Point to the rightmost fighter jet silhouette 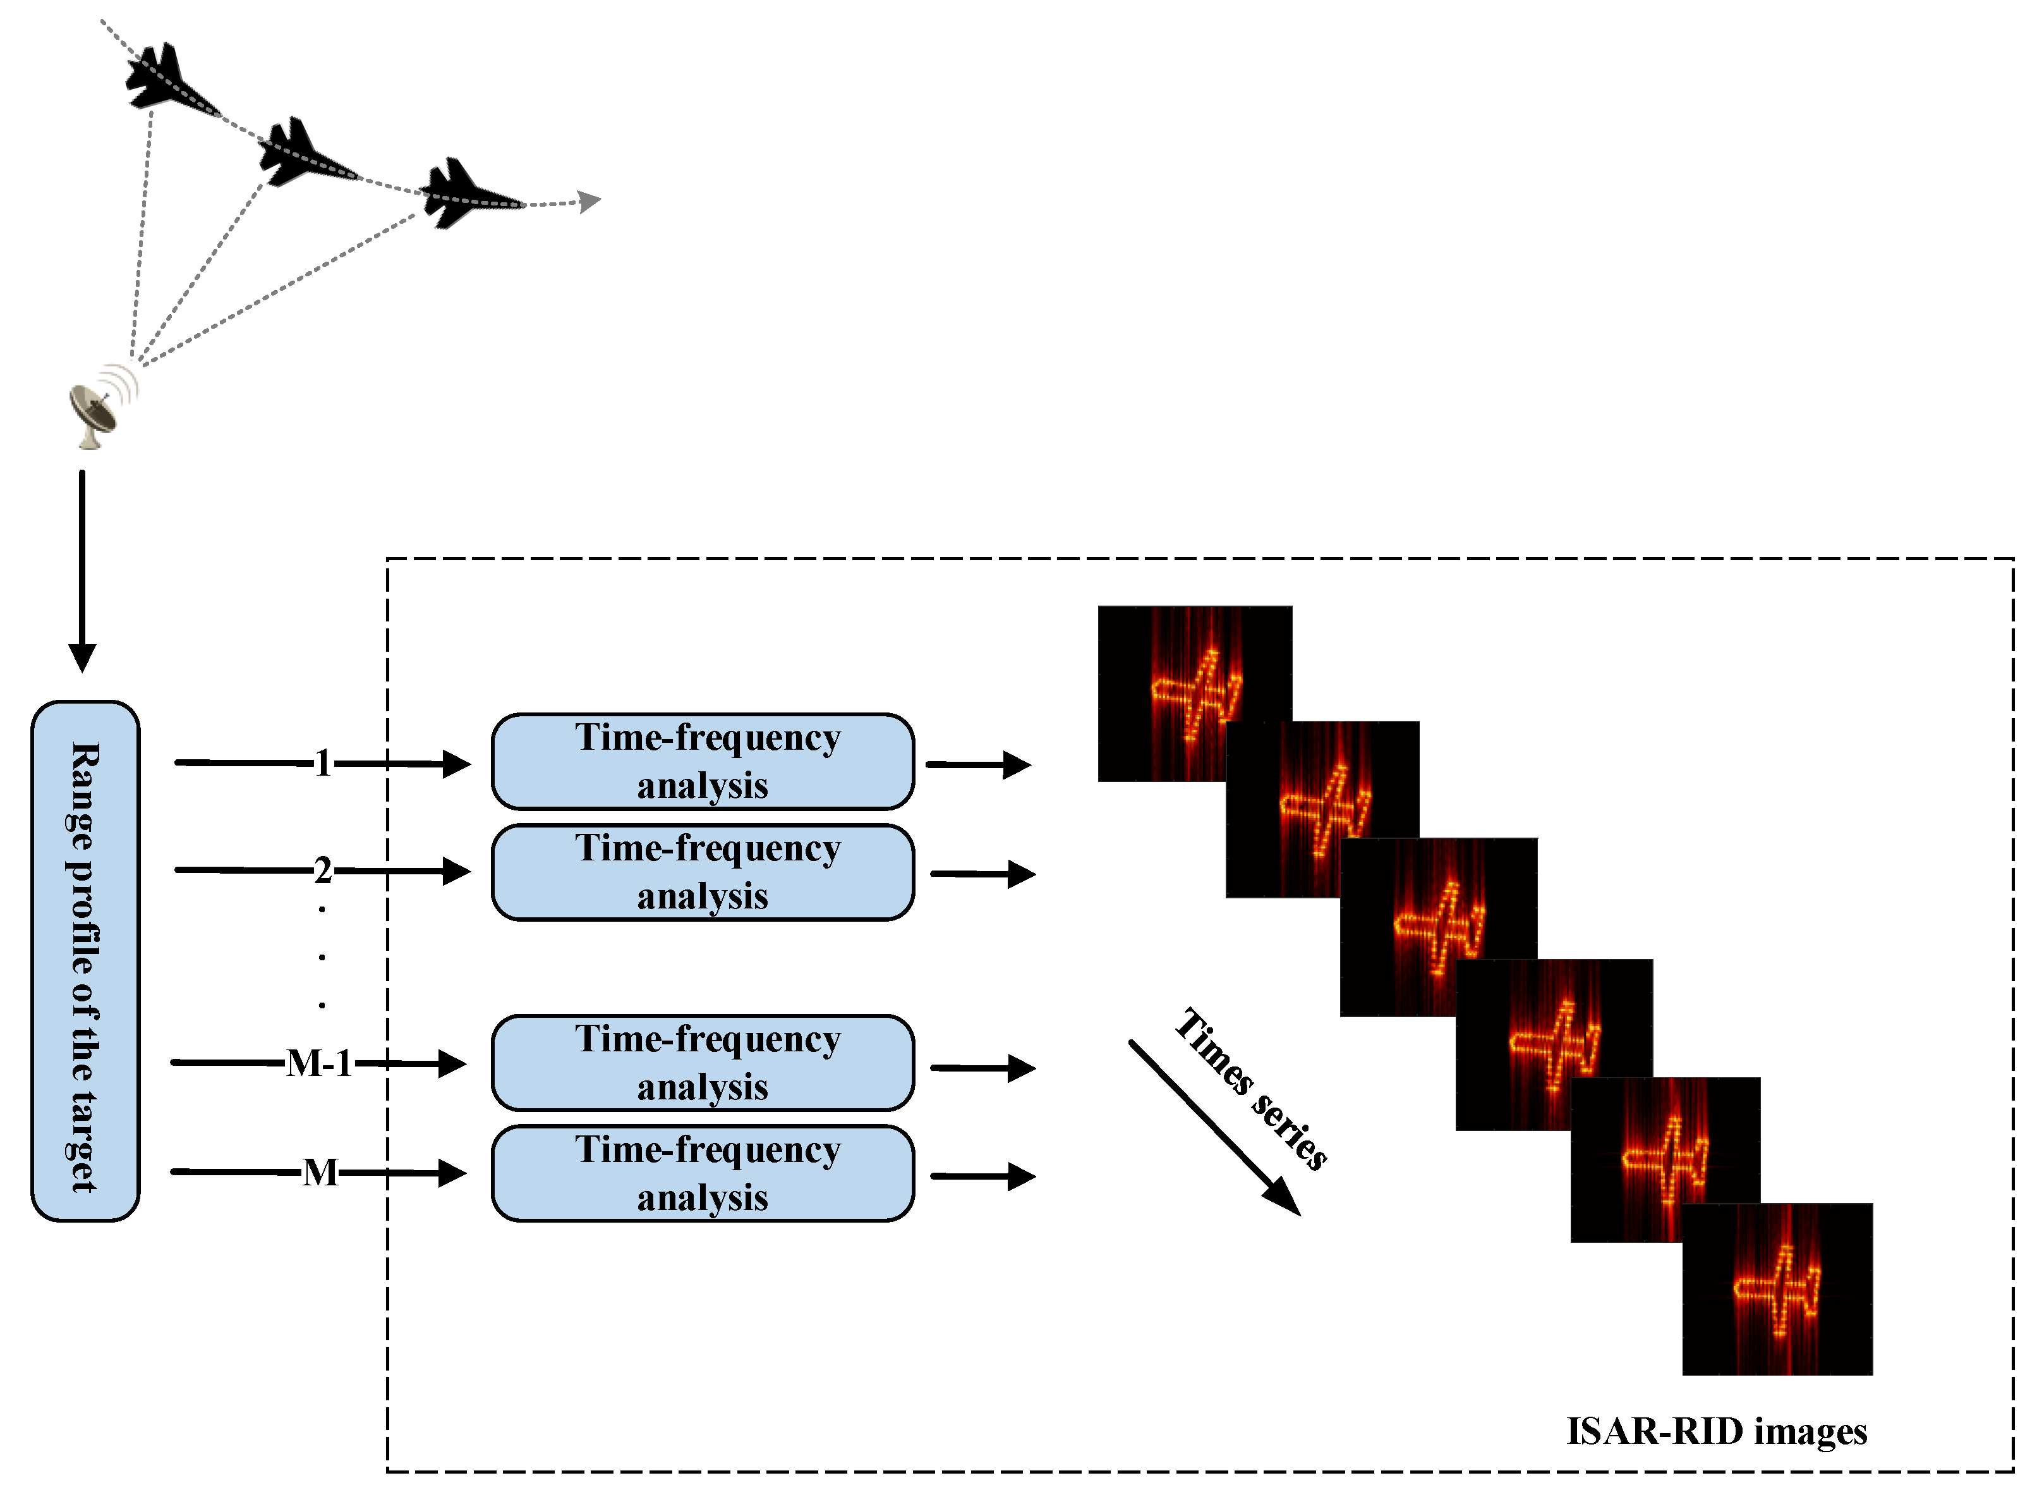click(x=471, y=193)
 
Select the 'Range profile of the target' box click(x=85, y=960)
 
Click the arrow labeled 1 click(x=322, y=764)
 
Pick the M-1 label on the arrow click(x=319, y=1063)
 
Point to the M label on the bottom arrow click(x=320, y=1173)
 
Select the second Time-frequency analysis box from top click(x=703, y=872)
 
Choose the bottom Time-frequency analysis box click(x=703, y=1173)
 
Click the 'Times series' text click(x=1252, y=1089)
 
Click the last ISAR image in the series click(x=1777, y=1288)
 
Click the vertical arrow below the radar click(x=82, y=571)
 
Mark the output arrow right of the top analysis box click(x=978, y=765)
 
